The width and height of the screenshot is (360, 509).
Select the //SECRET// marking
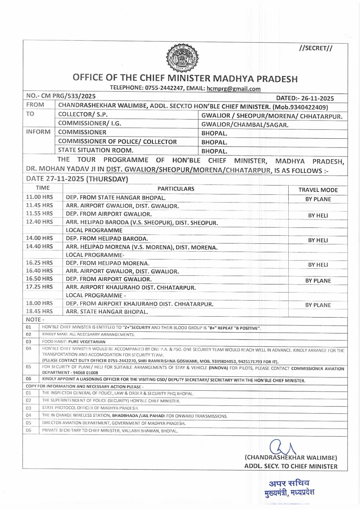coord(315,48)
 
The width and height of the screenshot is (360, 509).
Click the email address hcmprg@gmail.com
coord(233,89)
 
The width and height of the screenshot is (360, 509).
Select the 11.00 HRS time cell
coord(39,197)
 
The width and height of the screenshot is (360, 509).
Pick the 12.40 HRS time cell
coord(39,222)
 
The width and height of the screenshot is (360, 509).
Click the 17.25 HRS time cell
coord(39,287)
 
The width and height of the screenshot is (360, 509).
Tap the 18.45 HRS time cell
coord(39,311)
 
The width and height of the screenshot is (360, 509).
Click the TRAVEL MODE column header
coord(318,190)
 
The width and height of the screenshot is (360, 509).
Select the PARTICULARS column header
coord(176,189)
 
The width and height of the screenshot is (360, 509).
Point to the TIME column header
coord(42,188)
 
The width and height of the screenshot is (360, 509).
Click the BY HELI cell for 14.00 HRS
coord(318,240)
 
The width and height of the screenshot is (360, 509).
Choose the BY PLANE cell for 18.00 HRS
coord(318,305)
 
